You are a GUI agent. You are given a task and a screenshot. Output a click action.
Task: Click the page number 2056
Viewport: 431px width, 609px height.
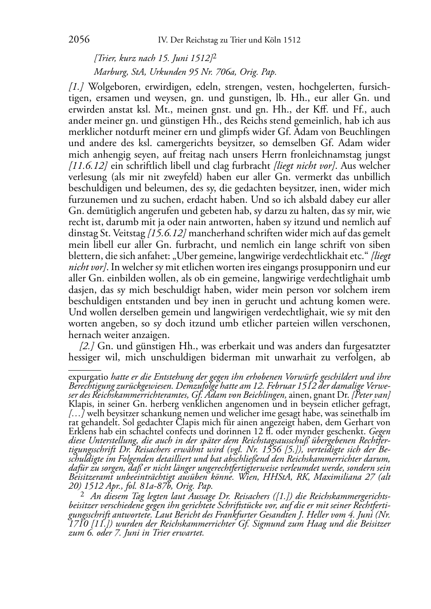79,40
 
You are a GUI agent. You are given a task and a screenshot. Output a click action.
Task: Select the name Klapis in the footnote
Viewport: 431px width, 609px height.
81,404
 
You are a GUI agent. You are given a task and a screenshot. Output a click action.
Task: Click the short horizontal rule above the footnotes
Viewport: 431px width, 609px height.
85,369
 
